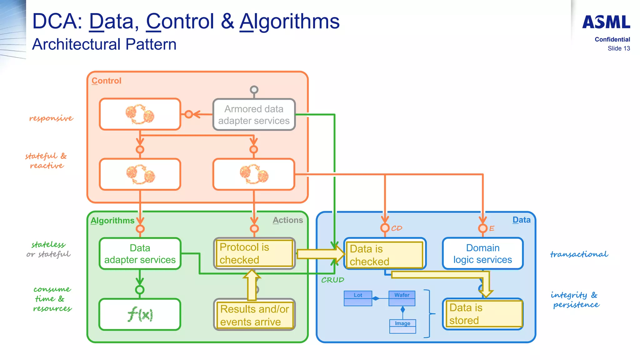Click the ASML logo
(606, 22)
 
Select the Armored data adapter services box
(254, 115)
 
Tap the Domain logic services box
(482, 253)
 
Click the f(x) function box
(140, 314)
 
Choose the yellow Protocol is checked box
(254, 253)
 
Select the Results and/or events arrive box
(254, 315)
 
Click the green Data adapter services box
(140, 253)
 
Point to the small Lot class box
(358, 298)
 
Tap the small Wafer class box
(402, 298)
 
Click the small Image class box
(402, 326)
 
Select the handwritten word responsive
(51, 118)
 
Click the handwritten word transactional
(579, 254)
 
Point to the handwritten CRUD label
(332, 280)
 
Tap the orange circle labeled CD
(385, 228)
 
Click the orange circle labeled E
(483, 228)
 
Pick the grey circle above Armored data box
(254, 90)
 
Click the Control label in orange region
(106, 81)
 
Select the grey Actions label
(287, 220)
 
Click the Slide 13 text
(618, 48)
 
